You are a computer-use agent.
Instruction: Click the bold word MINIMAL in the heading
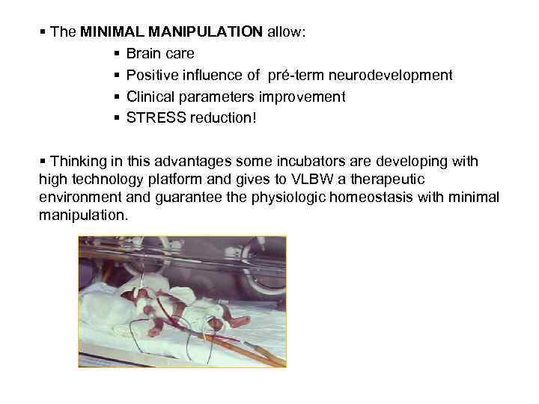(x=111, y=33)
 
